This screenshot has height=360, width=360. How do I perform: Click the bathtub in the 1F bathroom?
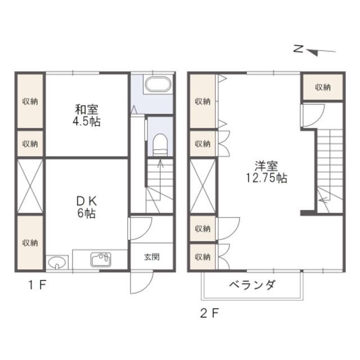point(159,84)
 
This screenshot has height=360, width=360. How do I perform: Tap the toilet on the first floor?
point(160,145)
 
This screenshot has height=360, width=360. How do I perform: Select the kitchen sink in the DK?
point(101,259)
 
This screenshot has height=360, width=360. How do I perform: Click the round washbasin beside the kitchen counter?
point(57,262)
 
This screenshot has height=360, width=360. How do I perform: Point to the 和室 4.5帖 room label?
point(87,115)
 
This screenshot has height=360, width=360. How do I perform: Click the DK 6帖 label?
point(87,208)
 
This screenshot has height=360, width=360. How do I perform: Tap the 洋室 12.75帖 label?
point(267,172)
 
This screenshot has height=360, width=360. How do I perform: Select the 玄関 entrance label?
point(152,257)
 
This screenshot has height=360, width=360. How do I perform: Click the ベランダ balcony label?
point(252,285)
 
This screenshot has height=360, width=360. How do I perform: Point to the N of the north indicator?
point(299,49)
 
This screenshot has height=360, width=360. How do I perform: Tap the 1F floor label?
point(38,285)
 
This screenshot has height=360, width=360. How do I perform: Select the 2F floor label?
point(210,313)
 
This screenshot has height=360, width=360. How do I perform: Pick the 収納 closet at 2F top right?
point(322,87)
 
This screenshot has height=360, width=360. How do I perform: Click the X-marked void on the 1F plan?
point(30,186)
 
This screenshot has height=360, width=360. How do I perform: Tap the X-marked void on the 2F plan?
point(203,186)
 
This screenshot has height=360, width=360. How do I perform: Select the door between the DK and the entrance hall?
point(140,228)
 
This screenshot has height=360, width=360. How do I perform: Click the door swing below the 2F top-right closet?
point(312,115)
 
